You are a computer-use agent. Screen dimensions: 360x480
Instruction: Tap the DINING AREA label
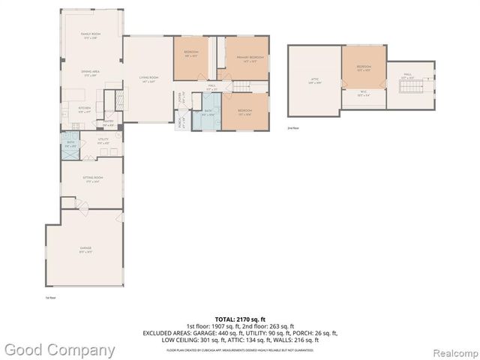[x=91, y=73]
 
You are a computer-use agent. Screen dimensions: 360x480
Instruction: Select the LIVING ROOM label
[x=148, y=79]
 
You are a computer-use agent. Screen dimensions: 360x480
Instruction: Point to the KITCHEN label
[x=84, y=109]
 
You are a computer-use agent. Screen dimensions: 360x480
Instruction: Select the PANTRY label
[x=108, y=124]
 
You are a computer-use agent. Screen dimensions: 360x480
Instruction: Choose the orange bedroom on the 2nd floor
[x=364, y=68]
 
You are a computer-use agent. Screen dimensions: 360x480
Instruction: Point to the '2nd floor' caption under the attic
[x=292, y=128]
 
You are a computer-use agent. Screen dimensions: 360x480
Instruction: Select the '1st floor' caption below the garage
[x=51, y=298]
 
